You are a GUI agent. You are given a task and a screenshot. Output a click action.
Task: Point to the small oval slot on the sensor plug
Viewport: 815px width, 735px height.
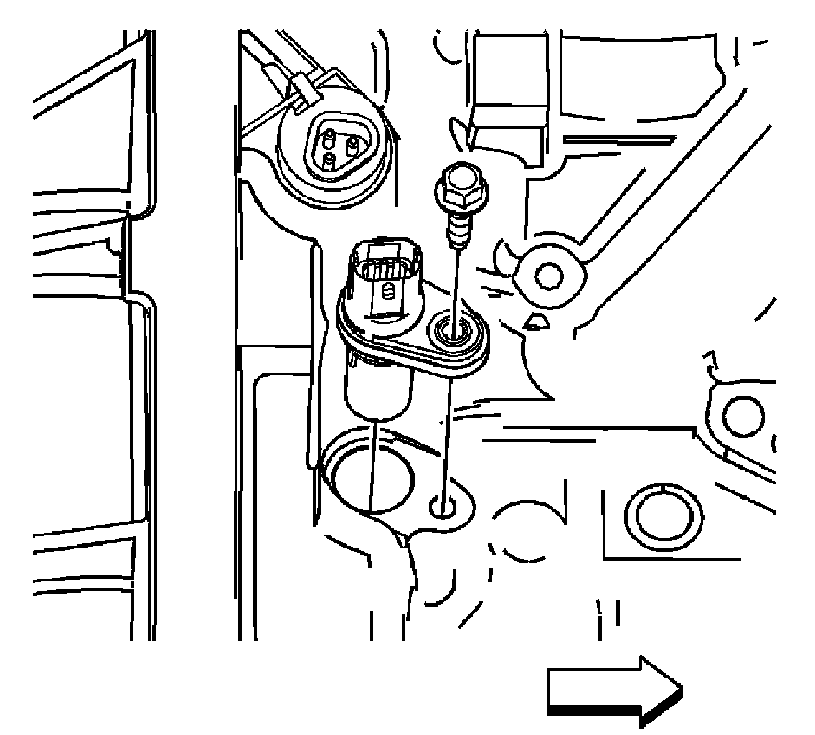coord(387,292)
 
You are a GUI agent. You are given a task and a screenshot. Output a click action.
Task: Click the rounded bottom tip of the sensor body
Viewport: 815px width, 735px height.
coord(377,406)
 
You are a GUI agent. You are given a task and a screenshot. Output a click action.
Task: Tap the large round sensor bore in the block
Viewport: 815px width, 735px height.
coord(368,474)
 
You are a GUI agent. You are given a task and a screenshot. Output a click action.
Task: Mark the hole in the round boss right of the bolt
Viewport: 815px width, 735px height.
coord(550,273)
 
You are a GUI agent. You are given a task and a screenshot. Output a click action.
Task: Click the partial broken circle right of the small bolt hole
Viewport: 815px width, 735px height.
coord(522,530)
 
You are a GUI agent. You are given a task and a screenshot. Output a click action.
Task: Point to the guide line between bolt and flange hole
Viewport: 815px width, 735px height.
coord(454,280)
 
